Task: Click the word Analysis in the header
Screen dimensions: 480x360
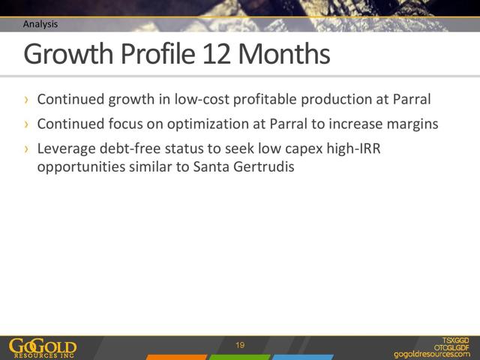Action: pyautogui.click(x=40, y=24)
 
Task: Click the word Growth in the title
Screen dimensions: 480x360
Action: pyautogui.click(x=68, y=54)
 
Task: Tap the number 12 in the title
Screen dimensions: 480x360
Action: pyautogui.click(x=217, y=54)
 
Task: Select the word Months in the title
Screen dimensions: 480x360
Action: pyautogui.click(x=284, y=54)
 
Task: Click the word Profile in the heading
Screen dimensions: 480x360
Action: pyautogui.click(x=158, y=53)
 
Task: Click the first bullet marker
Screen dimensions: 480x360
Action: pyautogui.click(x=27, y=100)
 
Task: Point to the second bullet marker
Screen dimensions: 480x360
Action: pyautogui.click(x=27, y=124)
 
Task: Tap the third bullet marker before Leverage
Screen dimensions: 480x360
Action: pyautogui.click(x=27, y=148)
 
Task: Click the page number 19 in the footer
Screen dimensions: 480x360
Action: pyautogui.click(x=240, y=345)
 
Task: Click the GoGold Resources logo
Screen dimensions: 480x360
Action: pyautogui.click(x=43, y=348)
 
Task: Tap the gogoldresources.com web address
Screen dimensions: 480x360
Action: pyautogui.click(x=432, y=354)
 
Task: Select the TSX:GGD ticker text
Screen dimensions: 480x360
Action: pyautogui.click(x=455, y=340)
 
